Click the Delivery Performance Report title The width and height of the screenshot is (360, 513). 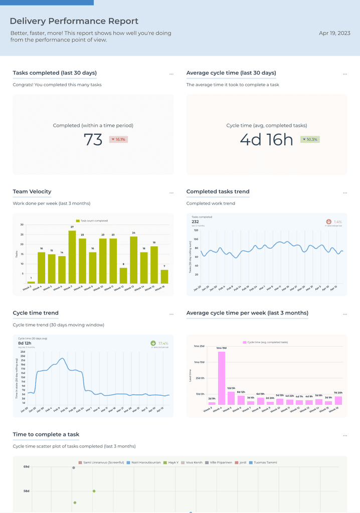click(x=74, y=21)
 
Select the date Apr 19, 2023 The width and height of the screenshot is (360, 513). click(x=334, y=33)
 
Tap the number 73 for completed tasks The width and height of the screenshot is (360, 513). click(x=93, y=140)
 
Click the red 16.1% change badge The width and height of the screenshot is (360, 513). click(x=118, y=139)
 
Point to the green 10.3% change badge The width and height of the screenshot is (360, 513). click(x=310, y=139)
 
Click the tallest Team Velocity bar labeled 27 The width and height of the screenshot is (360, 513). click(x=72, y=257)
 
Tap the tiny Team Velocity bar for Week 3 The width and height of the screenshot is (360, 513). click(x=31, y=283)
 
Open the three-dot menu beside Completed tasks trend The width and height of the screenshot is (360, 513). click(x=345, y=193)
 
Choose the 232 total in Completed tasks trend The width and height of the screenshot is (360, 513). click(x=195, y=221)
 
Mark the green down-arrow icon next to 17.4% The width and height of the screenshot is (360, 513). click(x=153, y=344)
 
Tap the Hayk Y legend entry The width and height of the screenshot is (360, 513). click(x=171, y=462)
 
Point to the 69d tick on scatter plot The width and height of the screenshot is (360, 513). click(x=26, y=467)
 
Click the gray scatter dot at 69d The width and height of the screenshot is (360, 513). click(x=74, y=467)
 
